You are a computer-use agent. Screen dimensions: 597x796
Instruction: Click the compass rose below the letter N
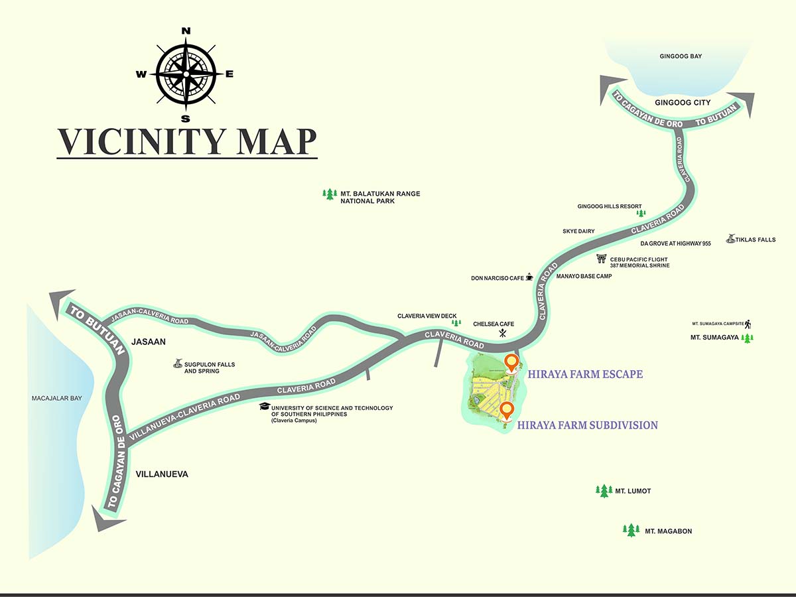pos(186,74)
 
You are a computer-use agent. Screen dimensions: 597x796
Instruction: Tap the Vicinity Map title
pos(186,141)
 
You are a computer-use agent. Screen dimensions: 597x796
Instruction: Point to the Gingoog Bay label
pos(681,57)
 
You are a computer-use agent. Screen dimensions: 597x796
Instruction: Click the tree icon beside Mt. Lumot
pos(603,491)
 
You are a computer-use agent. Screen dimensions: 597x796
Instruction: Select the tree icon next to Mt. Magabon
pos(631,531)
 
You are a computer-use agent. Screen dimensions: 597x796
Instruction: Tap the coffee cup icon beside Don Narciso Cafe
pos(529,278)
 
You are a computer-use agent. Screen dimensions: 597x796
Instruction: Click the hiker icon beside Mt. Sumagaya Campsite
pos(748,324)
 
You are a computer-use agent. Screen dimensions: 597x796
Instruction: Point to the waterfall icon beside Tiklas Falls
pos(730,239)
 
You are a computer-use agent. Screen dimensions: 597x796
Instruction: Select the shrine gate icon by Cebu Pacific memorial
pos(602,259)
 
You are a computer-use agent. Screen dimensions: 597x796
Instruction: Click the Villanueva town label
pos(162,474)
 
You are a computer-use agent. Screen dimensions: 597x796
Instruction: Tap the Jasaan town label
pos(148,342)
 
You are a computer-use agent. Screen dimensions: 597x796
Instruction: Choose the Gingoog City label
pos(683,102)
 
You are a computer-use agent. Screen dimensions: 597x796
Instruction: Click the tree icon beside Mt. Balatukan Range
pos(329,194)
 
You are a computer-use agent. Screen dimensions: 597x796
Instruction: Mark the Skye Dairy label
pos(578,231)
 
